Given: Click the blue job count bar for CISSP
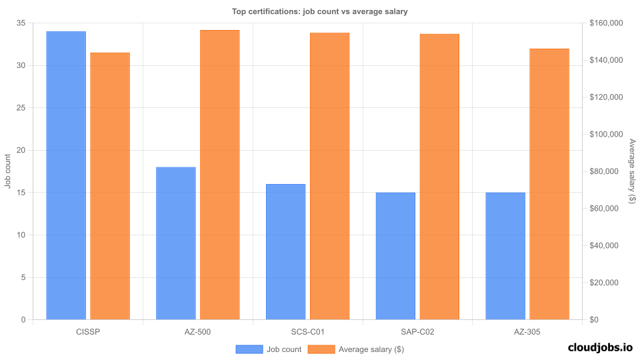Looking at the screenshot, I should [x=66, y=175].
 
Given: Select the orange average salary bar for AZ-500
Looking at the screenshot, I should [x=219, y=175].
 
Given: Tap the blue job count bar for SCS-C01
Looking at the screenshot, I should [x=285, y=251].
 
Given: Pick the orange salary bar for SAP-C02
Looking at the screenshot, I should [x=439, y=177].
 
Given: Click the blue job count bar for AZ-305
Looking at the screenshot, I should [x=505, y=256].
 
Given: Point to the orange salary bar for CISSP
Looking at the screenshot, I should [x=110, y=186].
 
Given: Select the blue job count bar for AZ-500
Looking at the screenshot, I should [x=175, y=243].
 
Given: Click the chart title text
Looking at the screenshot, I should [x=319, y=11].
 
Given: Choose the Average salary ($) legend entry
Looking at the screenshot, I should [x=360, y=349].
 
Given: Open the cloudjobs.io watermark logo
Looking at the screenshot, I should [x=599, y=347].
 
